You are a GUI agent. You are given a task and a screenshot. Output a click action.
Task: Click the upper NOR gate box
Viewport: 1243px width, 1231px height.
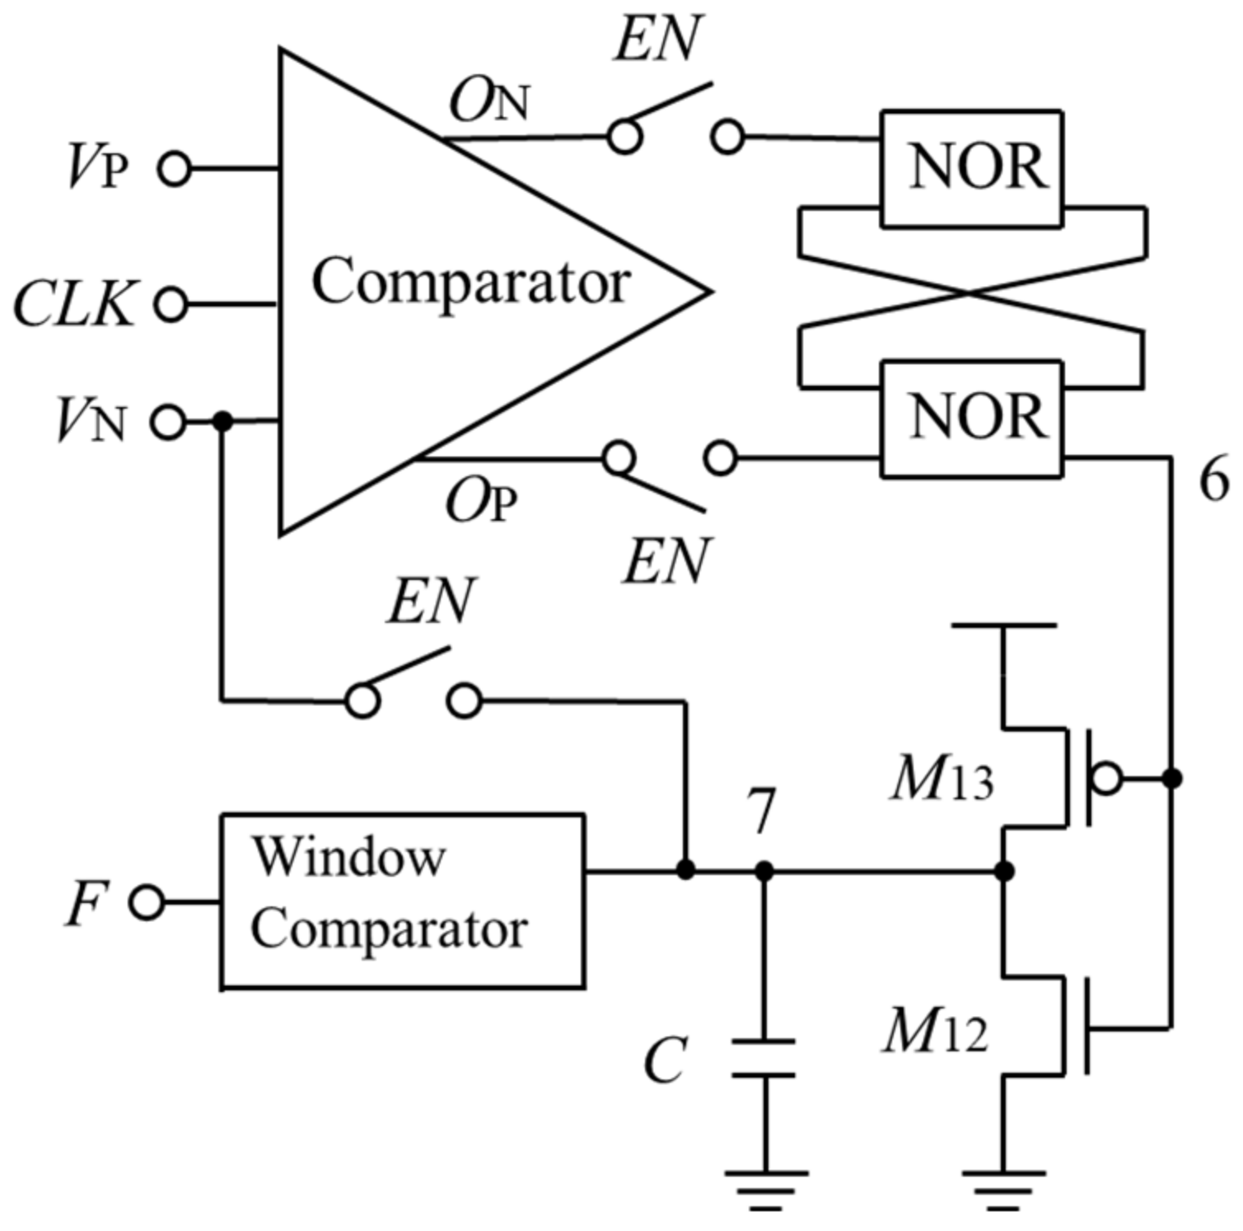coord(971,168)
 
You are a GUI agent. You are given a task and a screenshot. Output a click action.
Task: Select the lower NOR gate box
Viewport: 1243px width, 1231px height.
coord(971,419)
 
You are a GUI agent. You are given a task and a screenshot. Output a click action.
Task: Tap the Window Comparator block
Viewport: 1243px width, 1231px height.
coord(402,901)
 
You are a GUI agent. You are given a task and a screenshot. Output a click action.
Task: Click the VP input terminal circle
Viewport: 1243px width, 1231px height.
coord(175,169)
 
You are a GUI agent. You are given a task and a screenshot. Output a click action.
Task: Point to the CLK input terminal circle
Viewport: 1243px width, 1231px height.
coord(171,304)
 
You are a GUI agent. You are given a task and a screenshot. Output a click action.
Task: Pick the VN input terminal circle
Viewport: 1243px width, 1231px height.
coord(168,422)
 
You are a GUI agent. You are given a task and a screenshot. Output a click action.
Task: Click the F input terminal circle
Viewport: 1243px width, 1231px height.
coord(147,901)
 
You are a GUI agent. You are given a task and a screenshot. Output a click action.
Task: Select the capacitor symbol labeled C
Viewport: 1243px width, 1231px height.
coord(764,1058)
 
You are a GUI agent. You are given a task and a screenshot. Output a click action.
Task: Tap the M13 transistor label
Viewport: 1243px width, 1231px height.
coord(942,779)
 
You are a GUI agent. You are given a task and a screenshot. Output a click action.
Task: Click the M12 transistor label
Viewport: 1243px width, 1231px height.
coord(936,1031)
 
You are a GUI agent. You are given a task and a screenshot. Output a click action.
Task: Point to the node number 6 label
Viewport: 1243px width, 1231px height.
coord(1213,479)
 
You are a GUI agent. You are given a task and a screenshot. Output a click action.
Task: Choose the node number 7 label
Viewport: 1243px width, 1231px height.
coord(761,811)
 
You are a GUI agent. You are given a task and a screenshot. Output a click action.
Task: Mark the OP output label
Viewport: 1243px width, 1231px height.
coord(482,501)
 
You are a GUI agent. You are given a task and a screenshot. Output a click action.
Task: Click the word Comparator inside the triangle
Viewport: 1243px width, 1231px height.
coord(470,281)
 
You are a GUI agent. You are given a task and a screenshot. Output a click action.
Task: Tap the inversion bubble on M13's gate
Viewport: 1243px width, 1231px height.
coord(1105,778)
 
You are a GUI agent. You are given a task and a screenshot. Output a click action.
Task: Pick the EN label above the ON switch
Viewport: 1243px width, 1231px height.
coord(657,39)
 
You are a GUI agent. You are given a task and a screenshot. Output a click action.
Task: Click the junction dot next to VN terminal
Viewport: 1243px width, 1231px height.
coord(222,422)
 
